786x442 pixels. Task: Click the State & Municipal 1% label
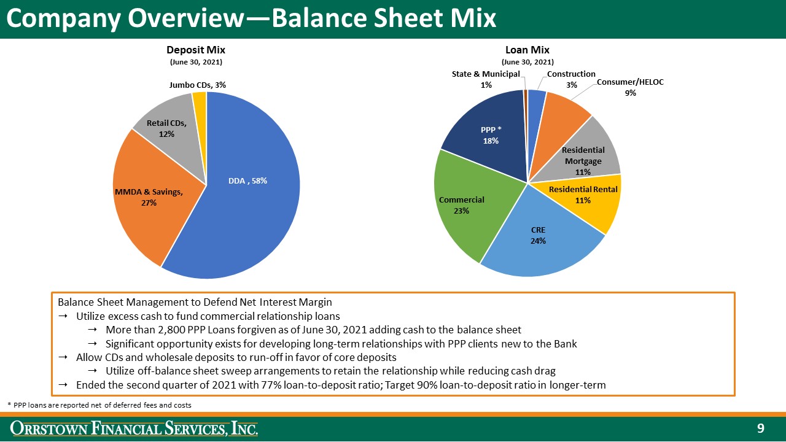pos(486,79)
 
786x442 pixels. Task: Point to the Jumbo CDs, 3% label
pos(193,85)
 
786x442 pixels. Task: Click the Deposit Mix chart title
pos(195,50)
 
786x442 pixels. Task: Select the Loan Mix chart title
pos(527,50)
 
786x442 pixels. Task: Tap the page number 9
pos(760,428)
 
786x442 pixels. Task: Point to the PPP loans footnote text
pos(99,405)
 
